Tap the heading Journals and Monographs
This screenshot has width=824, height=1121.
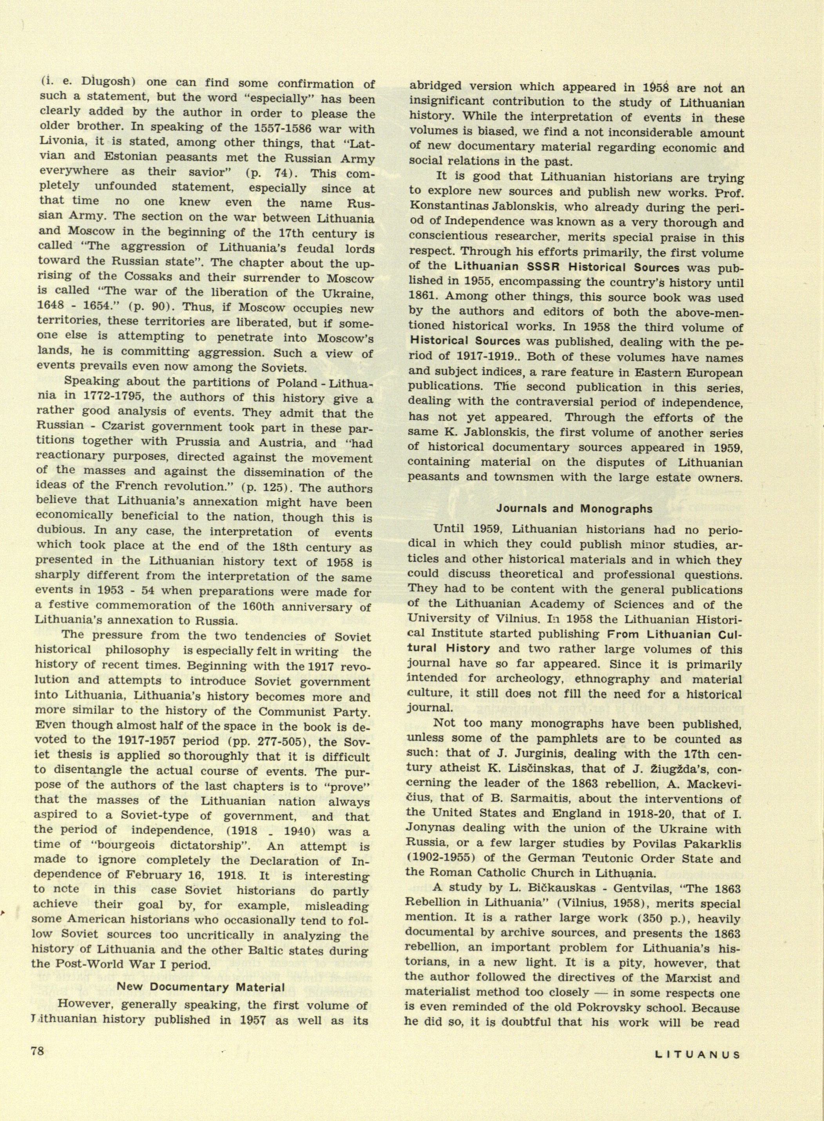tap(574, 509)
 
